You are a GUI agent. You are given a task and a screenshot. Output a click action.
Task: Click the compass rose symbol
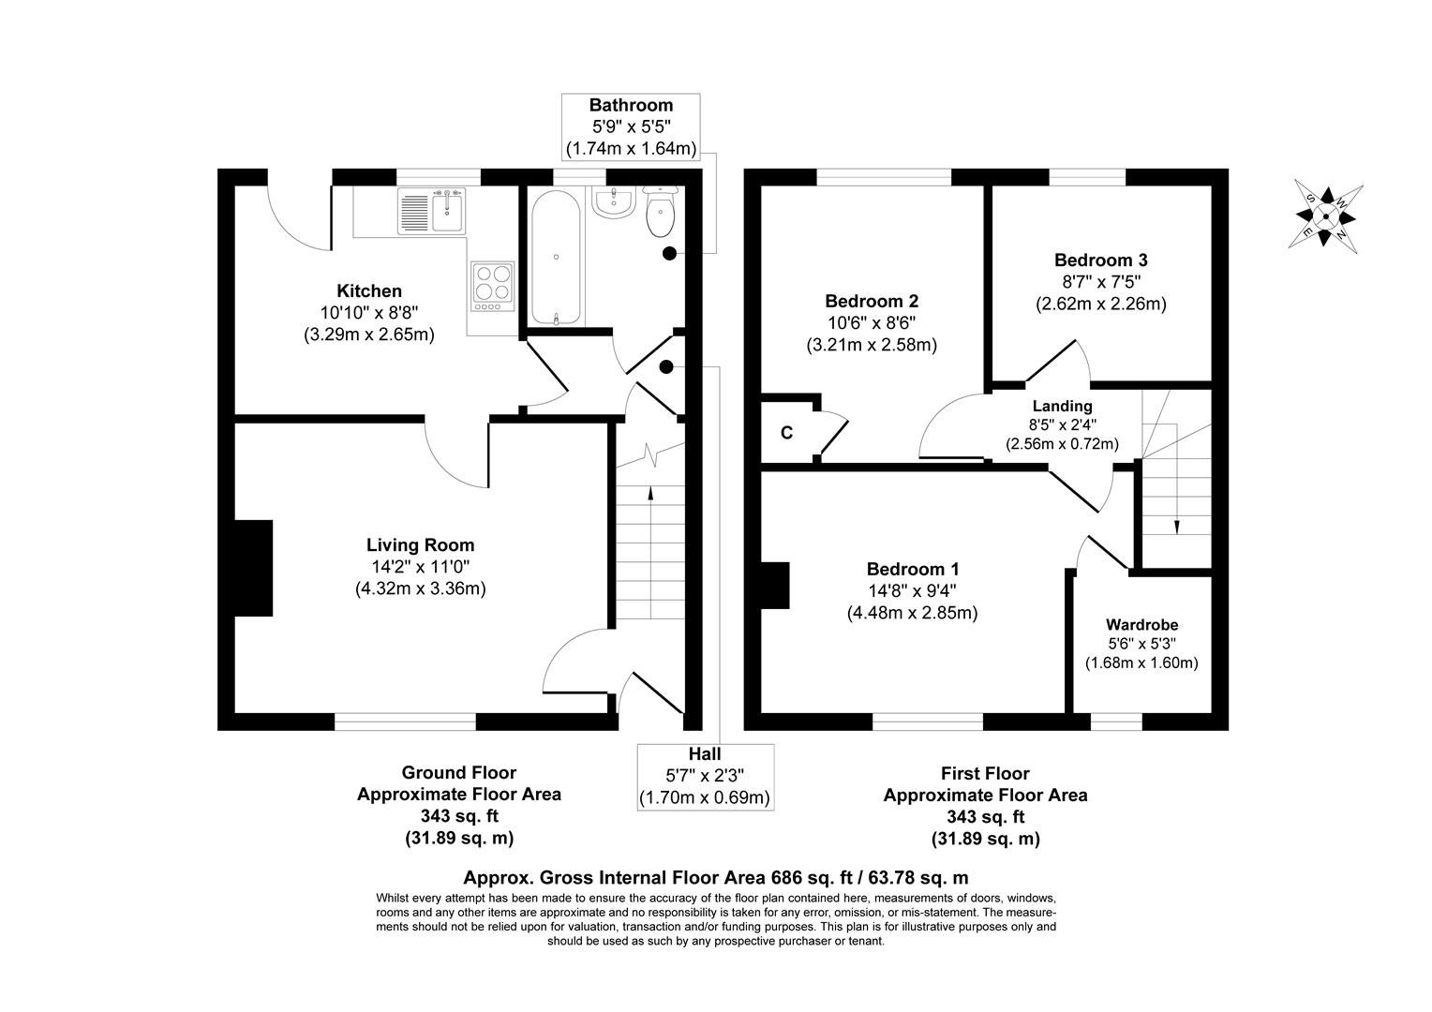pos(1325,216)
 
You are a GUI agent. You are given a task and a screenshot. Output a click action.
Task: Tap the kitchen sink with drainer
pos(431,210)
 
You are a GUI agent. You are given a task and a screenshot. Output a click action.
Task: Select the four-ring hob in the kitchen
pos(493,286)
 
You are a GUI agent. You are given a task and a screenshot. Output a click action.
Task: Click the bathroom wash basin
pos(615,201)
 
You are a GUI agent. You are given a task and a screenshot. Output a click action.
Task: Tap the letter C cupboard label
pos(787,433)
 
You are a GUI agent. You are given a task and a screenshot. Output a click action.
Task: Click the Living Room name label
pos(420,544)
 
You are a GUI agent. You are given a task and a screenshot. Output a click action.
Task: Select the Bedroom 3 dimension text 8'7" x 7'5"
pos(1100,281)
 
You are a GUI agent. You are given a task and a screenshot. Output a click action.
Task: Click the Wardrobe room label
pos(1141,624)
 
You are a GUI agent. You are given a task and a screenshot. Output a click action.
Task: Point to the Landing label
pos(1062,406)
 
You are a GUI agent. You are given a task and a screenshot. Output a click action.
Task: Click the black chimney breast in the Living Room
pos(252,568)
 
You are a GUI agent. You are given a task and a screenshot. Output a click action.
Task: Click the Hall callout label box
pos(705,777)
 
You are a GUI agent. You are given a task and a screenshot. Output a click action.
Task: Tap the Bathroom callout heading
pos(631,105)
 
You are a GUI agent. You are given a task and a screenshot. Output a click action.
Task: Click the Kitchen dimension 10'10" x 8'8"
pos(369,312)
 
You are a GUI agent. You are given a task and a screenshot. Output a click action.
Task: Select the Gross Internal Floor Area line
pos(716,878)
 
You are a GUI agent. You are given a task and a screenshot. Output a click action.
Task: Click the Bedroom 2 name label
pos(872,301)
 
